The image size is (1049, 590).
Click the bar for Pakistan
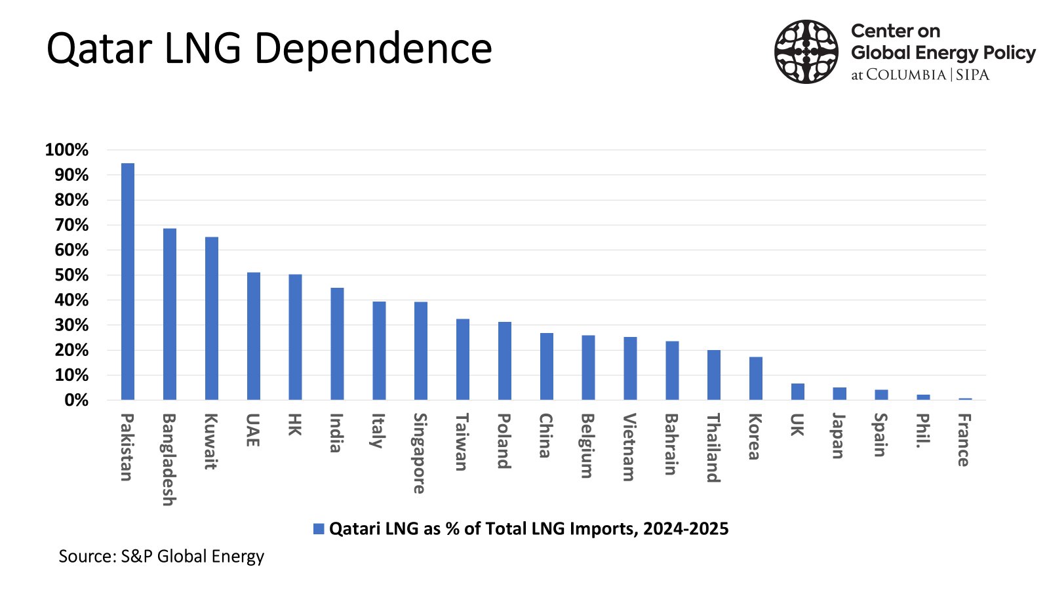click(128, 282)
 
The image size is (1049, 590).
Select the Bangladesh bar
click(170, 314)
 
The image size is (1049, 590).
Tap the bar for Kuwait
click(211, 319)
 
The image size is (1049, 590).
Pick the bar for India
click(337, 344)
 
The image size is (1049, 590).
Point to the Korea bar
click(756, 379)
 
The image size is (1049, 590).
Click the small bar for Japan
click(839, 394)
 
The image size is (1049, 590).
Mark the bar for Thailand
click(714, 375)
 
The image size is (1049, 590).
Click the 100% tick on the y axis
click(67, 150)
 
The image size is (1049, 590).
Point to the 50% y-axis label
click(71, 275)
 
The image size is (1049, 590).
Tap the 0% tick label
click(76, 401)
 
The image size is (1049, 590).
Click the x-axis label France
click(963, 440)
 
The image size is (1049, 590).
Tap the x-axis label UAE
click(252, 430)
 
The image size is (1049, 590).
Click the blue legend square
click(319, 529)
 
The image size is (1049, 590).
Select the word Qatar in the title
click(99, 49)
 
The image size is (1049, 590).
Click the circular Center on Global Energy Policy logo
click(806, 52)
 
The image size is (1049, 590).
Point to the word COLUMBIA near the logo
click(906, 75)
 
